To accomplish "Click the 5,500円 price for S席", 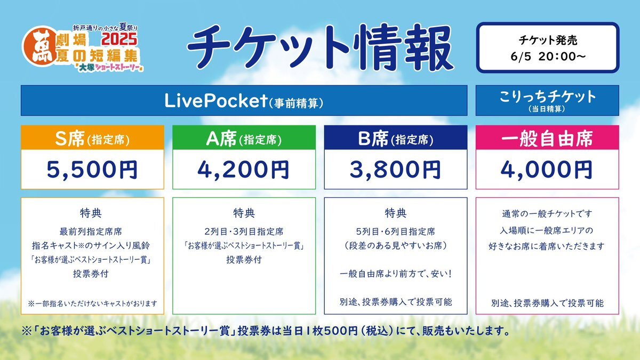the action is [x=92, y=170].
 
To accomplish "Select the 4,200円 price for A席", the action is [x=244, y=170].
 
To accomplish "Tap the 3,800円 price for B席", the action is [x=395, y=170].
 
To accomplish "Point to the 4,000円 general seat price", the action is [x=547, y=170].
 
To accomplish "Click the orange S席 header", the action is [x=92, y=138].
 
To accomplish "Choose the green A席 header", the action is [x=244, y=138].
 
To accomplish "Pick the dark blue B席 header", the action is [x=396, y=138].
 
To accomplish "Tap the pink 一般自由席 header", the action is [x=547, y=138].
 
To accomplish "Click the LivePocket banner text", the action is [x=244, y=101].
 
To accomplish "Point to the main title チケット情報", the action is [x=321, y=47].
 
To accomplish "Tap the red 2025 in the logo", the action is [x=119, y=39].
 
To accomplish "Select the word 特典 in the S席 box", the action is [x=91, y=213].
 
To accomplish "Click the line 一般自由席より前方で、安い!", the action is [x=396, y=274].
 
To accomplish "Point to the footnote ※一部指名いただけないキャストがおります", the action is [x=93, y=303].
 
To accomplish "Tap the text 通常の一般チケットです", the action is [x=547, y=214].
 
